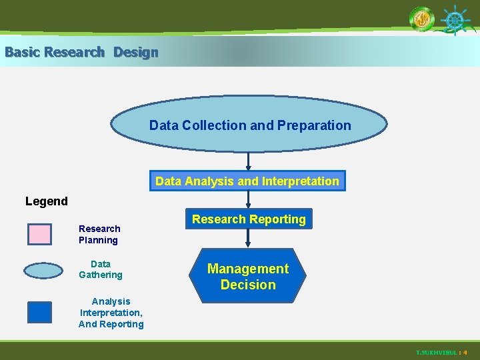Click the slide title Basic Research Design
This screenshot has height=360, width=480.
click(81, 52)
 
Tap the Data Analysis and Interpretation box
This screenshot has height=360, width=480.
click(247, 181)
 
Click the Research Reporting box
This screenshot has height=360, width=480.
click(249, 219)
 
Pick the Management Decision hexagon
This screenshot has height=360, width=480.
click(248, 277)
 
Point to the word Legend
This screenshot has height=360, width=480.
click(47, 201)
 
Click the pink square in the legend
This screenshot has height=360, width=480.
click(39, 234)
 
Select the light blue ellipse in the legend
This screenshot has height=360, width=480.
click(43, 270)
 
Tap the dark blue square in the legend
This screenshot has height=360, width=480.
click(39, 312)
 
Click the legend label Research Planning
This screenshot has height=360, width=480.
click(99, 234)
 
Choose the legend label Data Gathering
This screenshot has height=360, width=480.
click(101, 269)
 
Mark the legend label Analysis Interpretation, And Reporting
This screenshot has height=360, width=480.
click(111, 313)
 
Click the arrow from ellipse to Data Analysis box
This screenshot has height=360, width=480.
click(249, 161)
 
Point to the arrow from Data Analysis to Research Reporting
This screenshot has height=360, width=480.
click(249, 199)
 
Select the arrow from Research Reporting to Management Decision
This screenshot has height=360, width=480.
click(249, 238)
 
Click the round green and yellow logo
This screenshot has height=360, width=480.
click(421, 19)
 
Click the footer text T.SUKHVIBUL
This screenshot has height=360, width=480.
click(437, 352)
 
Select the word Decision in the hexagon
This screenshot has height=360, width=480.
click(248, 285)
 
